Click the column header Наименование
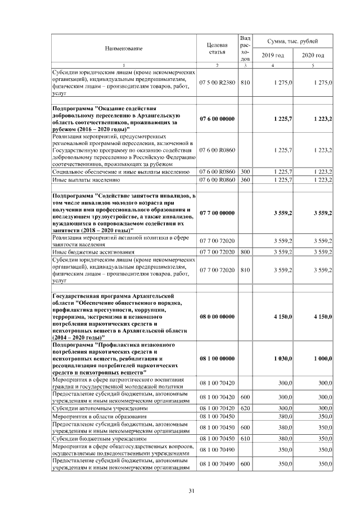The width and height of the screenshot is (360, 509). (x=123, y=48)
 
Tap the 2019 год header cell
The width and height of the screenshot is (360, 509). (x=272, y=55)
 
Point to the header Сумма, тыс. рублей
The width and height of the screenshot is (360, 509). (x=293, y=42)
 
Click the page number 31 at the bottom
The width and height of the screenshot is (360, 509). (x=191, y=491)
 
